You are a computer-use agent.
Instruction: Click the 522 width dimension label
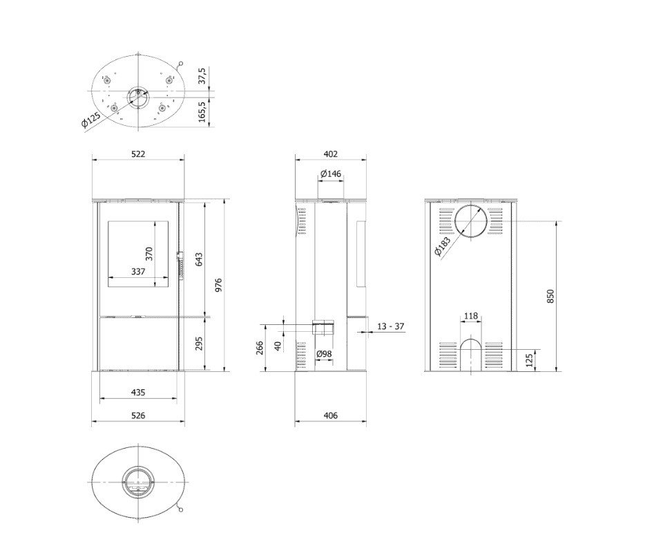click(138, 153)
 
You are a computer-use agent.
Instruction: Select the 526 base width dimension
click(138, 415)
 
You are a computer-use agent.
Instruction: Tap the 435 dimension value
click(138, 392)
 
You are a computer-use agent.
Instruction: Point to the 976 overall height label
click(218, 286)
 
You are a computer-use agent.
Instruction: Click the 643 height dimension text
click(199, 260)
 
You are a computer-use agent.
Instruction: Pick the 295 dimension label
click(199, 344)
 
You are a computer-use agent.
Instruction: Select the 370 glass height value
click(149, 254)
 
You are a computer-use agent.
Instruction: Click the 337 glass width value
click(138, 271)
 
